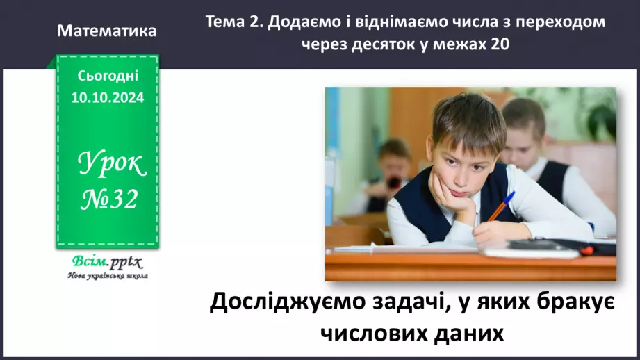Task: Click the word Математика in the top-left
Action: tap(108, 31)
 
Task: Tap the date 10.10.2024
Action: tap(108, 98)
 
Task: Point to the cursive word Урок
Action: tap(111, 163)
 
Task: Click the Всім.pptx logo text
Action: tap(107, 262)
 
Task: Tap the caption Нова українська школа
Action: tap(108, 275)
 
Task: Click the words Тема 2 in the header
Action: tap(233, 22)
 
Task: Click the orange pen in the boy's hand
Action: tap(500, 206)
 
